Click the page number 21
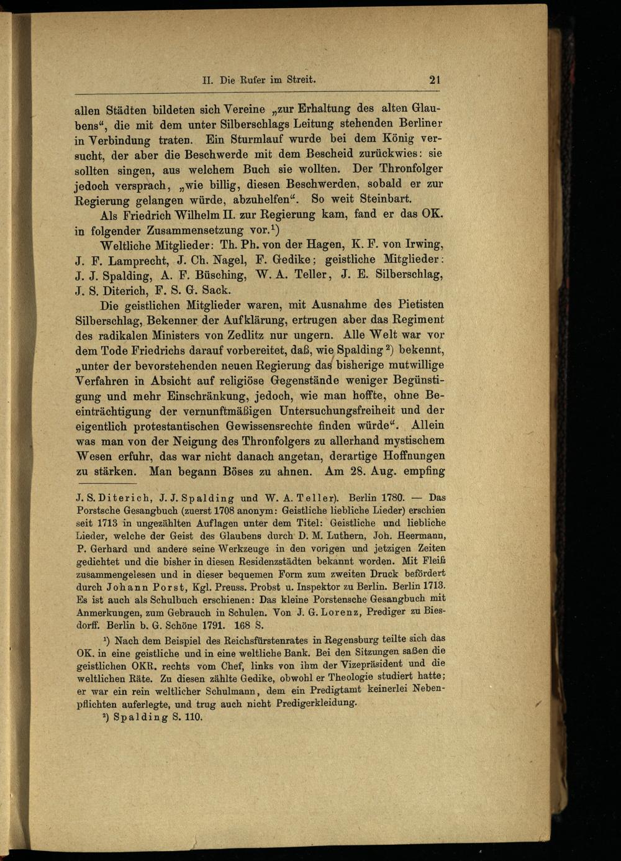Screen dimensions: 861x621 coord(435,80)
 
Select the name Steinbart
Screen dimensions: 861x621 coord(379,199)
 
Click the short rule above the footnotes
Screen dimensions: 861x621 coord(106,484)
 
